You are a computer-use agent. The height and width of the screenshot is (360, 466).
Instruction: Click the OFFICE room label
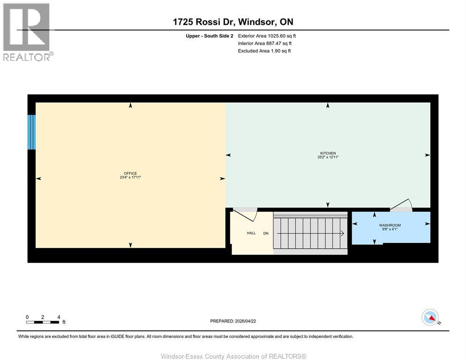(130, 173)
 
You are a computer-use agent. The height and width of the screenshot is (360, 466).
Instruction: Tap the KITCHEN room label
(328, 153)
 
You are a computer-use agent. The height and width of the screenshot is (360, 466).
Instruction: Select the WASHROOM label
(390, 225)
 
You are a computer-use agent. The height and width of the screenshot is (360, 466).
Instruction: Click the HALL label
(251, 233)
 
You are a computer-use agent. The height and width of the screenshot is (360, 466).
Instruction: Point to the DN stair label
(266, 233)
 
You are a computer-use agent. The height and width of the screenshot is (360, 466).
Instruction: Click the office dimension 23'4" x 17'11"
(130, 178)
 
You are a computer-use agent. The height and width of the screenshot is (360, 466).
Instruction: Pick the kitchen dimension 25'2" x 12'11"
(328, 157)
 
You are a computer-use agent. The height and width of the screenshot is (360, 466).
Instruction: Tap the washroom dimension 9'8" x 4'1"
(390, 230)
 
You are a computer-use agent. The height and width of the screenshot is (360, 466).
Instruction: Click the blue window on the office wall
(31, 132)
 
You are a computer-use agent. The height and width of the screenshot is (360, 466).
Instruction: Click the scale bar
(43, 322)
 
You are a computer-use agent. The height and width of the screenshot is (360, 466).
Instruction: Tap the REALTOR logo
(27, 32)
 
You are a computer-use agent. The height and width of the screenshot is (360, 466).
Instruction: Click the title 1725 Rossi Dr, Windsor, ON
(233, 22)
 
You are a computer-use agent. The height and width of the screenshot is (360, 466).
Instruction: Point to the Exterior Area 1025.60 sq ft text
(267, 36)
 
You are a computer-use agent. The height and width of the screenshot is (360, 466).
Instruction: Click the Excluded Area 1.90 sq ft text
(264, 51)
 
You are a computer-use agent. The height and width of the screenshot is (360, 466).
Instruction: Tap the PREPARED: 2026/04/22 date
(233, 321)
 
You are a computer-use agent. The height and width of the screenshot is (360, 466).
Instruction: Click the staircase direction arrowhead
(343, 233)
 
